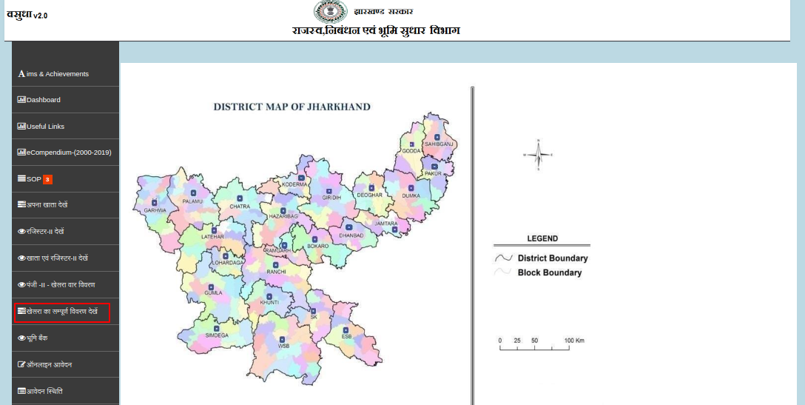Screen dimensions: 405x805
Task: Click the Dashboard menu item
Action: pos(43,100)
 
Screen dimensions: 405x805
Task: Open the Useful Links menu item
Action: pos(45,127)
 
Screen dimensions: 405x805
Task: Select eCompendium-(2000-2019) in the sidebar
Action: pos(69,153)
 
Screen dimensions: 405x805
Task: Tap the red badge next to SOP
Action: pos(47,179)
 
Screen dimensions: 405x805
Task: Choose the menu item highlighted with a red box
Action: pos(62,312)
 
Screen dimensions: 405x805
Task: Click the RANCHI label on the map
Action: pos(276,272)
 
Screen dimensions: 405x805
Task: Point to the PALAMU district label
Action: pos(192,201)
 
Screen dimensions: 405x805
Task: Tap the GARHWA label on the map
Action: pos(155,210)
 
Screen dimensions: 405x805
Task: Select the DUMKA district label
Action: pos(411,195)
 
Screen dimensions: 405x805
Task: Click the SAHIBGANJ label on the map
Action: pos(437,144)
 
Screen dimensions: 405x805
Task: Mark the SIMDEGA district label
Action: pos(217,335)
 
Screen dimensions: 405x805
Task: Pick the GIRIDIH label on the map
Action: pos(331,198)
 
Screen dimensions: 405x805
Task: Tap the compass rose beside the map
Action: pos(539,155)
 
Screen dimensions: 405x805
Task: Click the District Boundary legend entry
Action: pos(552,258)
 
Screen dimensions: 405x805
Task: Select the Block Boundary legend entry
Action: pos(549,272)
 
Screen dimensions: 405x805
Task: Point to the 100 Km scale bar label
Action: pos(574,341)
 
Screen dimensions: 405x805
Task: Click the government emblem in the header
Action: pos(330,11)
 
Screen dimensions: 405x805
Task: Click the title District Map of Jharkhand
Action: pos(292,107)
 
